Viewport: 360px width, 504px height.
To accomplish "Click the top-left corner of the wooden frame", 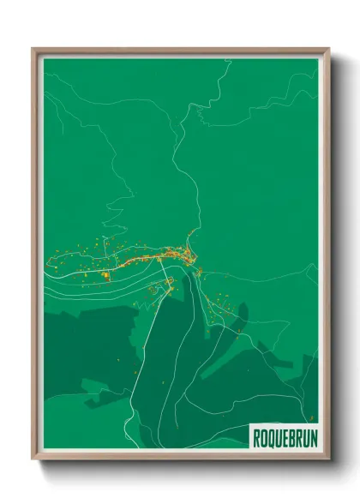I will coord(33,50).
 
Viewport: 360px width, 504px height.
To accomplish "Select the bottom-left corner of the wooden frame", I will coord(33,459).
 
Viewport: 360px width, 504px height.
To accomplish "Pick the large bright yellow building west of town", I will coord(106,275).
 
